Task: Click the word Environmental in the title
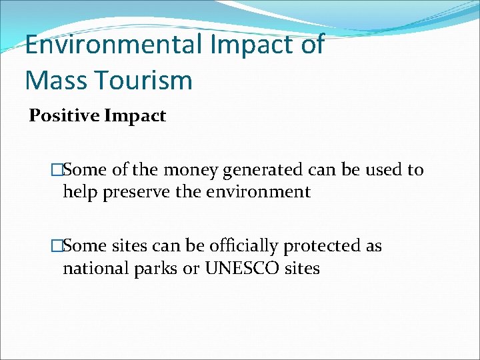pyautogui.click(x=113, y=45)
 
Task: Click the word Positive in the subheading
pyautogui.click(x=63, y=116)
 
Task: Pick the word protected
pyautogui.click(x=322, y=247)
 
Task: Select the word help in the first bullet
pyautogui.click(x=79, y=192)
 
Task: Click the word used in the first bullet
pyautogui.click(x=384, y=170)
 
